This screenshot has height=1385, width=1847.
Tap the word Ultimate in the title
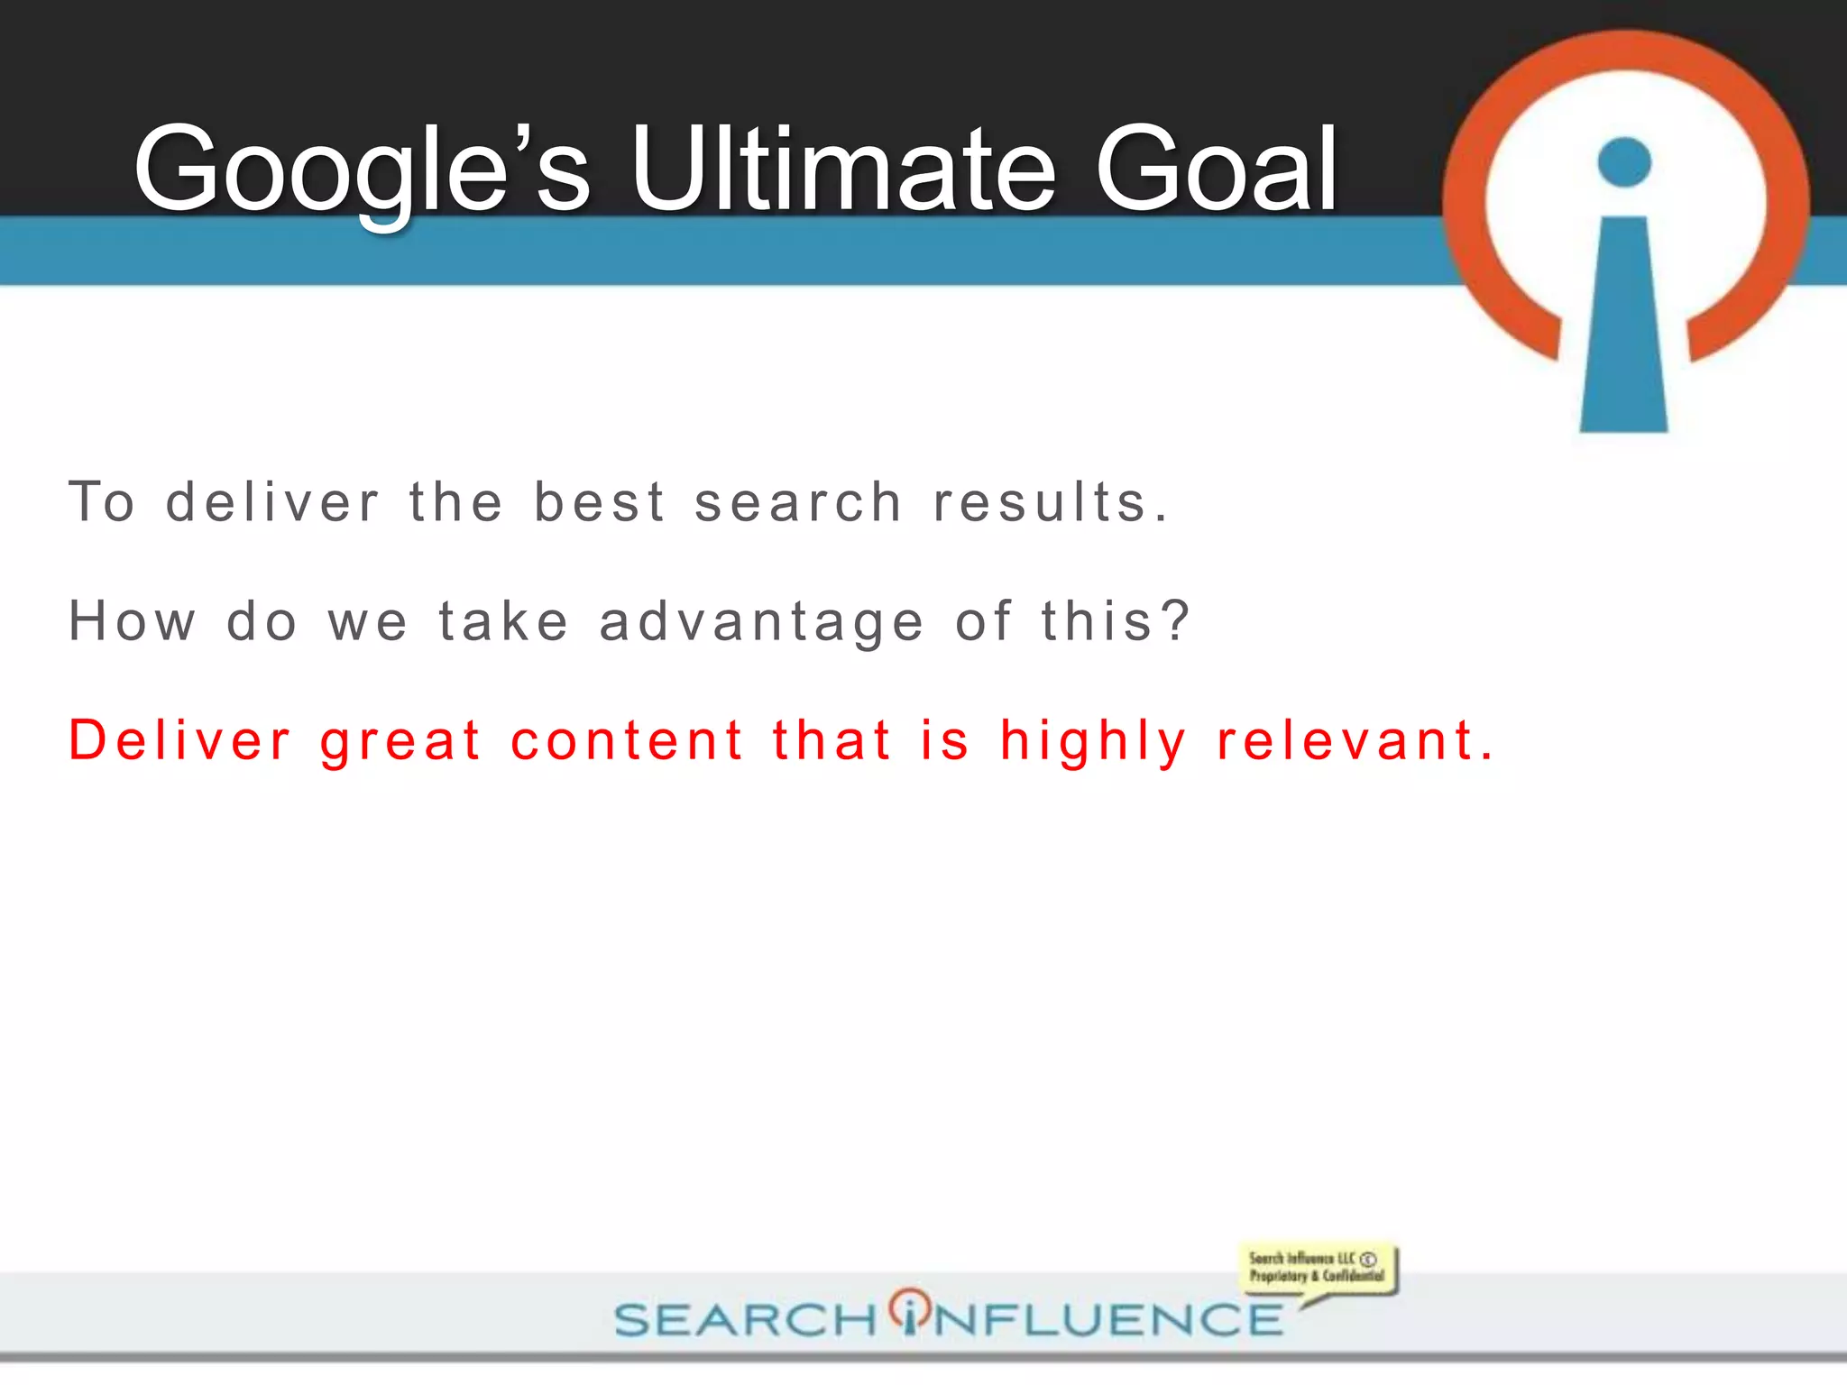pos(842,169)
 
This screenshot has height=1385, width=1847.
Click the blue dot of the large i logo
pos(1624,162)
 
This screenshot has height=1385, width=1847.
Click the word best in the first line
pos(600,501)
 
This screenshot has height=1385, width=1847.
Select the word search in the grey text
pos(798,502)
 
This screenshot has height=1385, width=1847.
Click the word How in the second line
pos(133,621)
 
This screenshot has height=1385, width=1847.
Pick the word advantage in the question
pos(762,623)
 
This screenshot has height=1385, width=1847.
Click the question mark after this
pos(1175,621)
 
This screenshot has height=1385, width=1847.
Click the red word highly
pos(1093,742)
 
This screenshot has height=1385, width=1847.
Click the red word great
pos(400,742)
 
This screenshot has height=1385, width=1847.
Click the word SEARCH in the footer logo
pos(745,1320)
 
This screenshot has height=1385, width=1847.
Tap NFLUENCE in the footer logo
pos(1107,1320)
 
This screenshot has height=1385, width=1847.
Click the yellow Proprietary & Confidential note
pos(1317,1268)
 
